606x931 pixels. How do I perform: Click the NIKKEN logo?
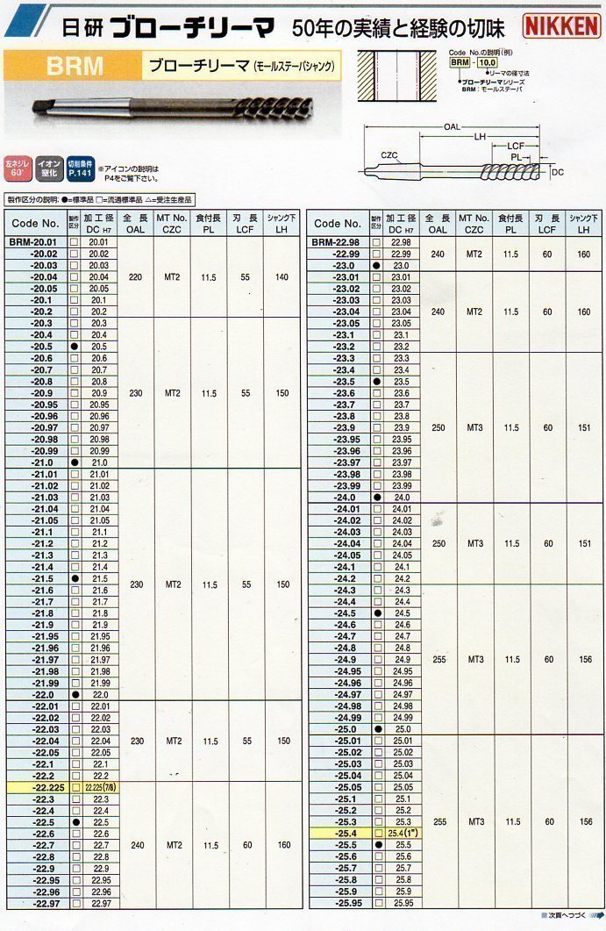[562, 25]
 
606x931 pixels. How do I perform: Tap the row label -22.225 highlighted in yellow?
[38, 787]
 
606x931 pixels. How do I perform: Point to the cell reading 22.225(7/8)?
[99, 787]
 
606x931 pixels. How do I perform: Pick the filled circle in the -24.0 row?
[376, 497]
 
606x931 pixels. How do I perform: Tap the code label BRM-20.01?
[34, 241]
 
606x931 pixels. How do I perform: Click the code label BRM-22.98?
[337, 241]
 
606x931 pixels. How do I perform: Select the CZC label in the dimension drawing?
[389, 155]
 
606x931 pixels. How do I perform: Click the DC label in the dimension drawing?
[558, 173]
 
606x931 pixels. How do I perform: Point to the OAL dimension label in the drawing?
[452, 127]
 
